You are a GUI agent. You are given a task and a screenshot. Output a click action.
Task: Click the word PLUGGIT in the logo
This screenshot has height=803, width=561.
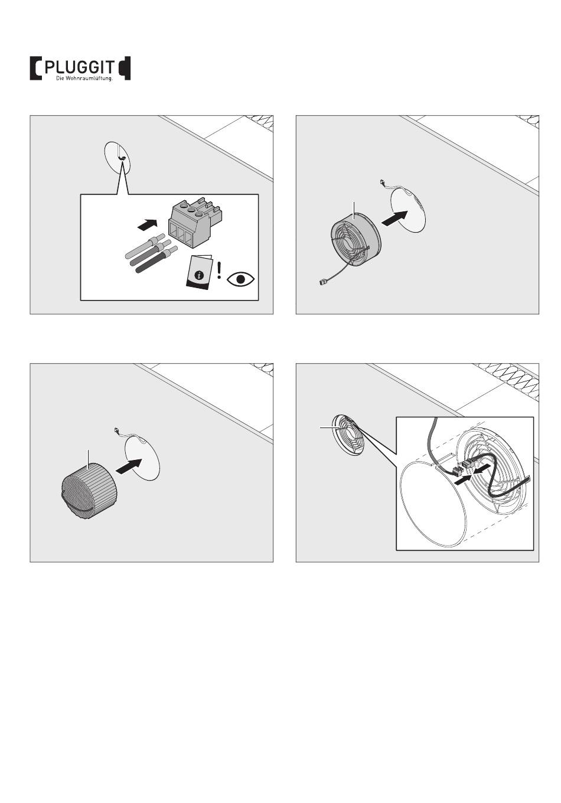coord(80,67)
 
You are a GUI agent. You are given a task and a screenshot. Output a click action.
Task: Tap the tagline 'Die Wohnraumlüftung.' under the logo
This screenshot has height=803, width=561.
coord(84,78)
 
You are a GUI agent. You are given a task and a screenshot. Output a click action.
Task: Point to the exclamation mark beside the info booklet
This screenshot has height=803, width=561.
coord(219,270)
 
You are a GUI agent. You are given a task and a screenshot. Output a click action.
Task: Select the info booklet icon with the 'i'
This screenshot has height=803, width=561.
coord(200,272)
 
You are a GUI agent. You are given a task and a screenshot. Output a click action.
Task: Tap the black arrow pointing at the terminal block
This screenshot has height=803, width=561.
coord(147,224)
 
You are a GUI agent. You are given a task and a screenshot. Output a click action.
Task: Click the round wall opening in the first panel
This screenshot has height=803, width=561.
coord(117,158)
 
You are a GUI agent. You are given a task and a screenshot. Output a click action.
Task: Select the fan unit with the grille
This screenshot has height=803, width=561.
coord(355,240)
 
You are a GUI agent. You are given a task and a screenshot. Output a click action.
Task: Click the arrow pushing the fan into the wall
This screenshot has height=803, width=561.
coord(394,218)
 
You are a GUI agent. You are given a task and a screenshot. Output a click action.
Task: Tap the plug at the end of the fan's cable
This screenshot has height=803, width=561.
coord(322,282)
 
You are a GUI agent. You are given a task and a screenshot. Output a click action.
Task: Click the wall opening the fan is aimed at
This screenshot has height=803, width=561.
coord(408,210)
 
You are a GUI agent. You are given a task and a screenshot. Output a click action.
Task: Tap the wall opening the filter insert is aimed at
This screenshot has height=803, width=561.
coord(142,458)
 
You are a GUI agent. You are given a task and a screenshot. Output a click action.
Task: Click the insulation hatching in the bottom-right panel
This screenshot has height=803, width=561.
coord(509,380)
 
